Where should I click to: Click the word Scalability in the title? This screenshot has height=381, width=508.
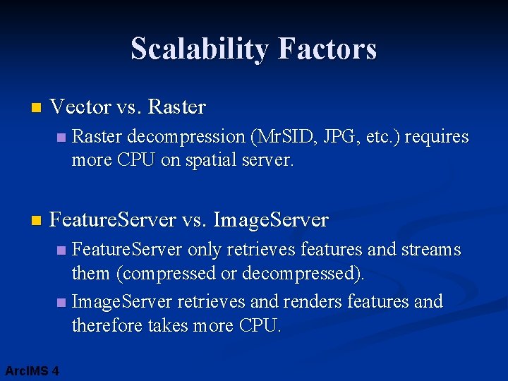point(200,49)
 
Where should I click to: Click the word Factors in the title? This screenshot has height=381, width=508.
point(327,49)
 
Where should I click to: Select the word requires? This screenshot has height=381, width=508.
point(437,137)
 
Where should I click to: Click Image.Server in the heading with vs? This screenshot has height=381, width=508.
point(270,220)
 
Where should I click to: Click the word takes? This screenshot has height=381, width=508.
point(180,325)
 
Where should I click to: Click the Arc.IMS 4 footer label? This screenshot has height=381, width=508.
point(32,370)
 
